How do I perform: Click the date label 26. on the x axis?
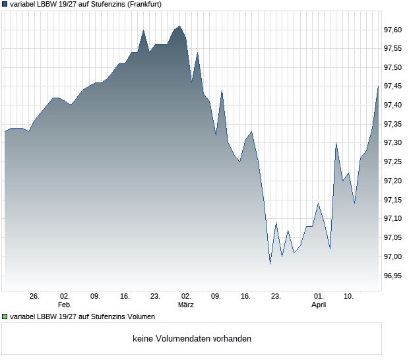[35, 297]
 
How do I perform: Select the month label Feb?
[65, 305]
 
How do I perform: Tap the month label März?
[186, 305]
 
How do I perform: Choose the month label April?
[319, 305]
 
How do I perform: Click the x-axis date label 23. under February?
[155, 297]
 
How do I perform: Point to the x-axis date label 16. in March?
[246, 297]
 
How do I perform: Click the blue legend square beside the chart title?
[5, 4]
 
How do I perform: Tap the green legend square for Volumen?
[5, 317]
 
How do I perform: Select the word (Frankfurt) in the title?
[139, 4]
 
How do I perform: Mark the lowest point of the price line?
[270, 264]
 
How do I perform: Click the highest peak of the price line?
[179, 26]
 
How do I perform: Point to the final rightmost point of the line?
[378, 86]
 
